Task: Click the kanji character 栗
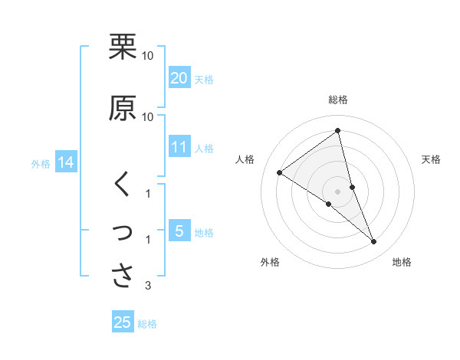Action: (x=123, y=47)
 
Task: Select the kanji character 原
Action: (x=123, y=108)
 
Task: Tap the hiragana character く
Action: (x=122, y=185)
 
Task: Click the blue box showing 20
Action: (x=179, y=78)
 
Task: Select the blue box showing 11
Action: (x=179, y=148)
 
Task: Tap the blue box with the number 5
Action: (x=179, y=231)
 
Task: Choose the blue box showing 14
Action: (x=65, y=162)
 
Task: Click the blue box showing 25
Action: (x=123, y=322)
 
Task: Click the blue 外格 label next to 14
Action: (x=41, y=163)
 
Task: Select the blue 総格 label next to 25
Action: (x=147, y=324)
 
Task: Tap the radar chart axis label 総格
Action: (x=338, y=100)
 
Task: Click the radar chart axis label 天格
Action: (x=432, y=159)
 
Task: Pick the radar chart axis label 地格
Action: (x=402, y=263)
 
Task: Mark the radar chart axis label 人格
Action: (x=245, y=159)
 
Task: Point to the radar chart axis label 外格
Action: (x=270, y=263)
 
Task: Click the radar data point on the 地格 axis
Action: (x=374, y=242)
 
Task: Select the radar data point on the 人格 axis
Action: (x=280, y=172)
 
